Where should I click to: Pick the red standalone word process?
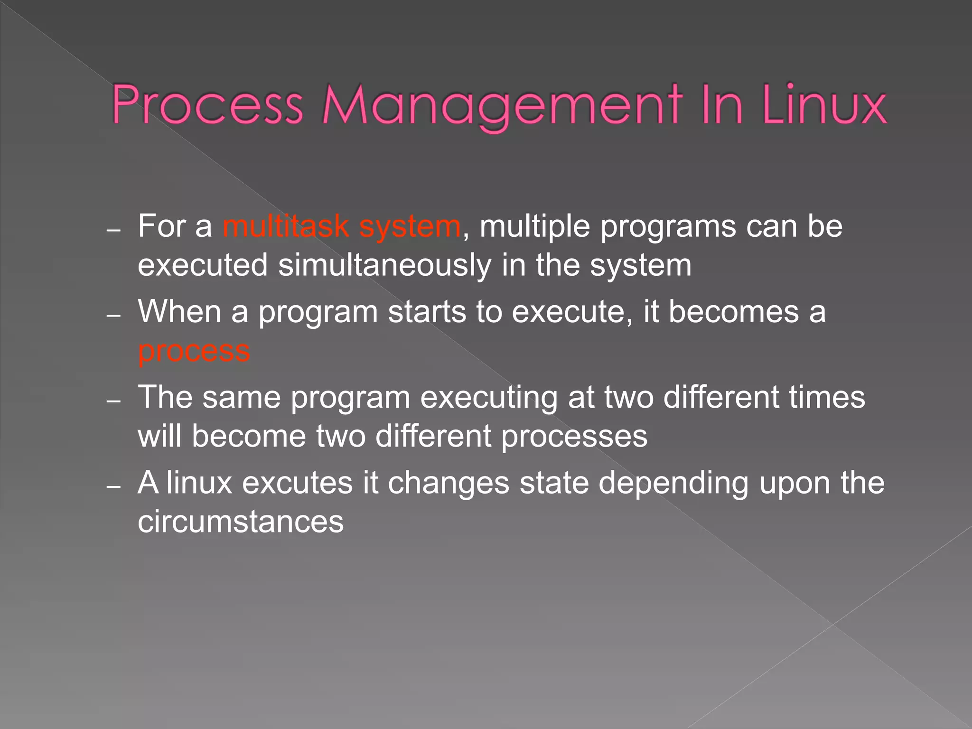[x=194, y=351]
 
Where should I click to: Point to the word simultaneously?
[x=384, y=266]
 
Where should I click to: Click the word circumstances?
[x=241, y=522]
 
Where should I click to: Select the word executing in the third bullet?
[x=488, y=398]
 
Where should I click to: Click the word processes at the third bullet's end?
[x=574, y=437]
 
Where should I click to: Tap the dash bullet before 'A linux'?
[x=114, y=487]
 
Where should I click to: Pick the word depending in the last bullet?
[x=673, y=484]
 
